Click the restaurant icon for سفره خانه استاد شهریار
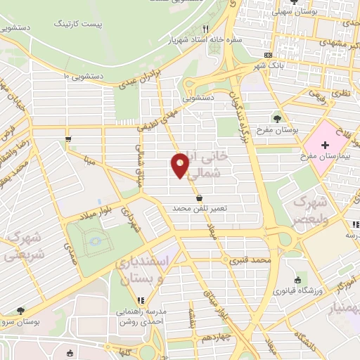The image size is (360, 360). [x=205, y=29]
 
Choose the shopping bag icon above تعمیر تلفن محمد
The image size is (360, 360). [x=200, y=198]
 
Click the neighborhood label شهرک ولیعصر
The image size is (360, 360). [x=309, y=209]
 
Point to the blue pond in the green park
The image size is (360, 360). [x=94, y=243]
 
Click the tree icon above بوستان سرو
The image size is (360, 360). [x=20, y=310]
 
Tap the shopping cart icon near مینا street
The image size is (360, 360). [x=67, y=139]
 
